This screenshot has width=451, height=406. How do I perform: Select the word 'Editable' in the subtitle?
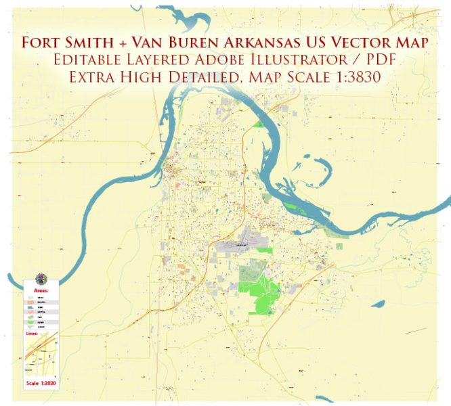90,60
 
